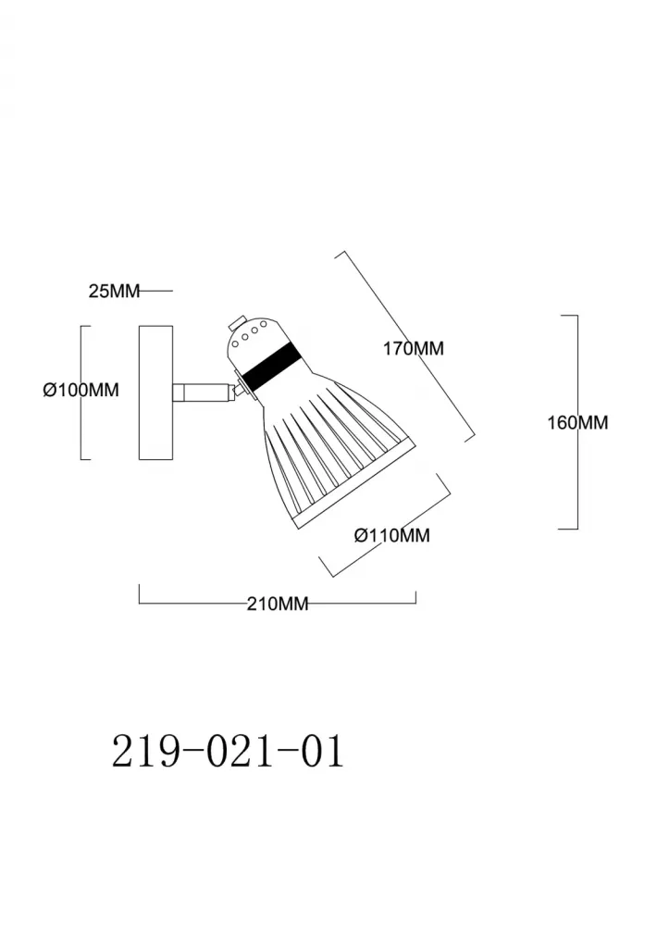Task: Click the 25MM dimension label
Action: coord(113,292)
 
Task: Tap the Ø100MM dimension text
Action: coord(81,391)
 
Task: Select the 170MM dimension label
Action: coord(414,349)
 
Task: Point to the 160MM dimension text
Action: coord(577,423)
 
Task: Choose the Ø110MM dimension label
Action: coord(392,535)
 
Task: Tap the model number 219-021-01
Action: coord(228,751)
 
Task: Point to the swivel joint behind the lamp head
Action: coord(241,389)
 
